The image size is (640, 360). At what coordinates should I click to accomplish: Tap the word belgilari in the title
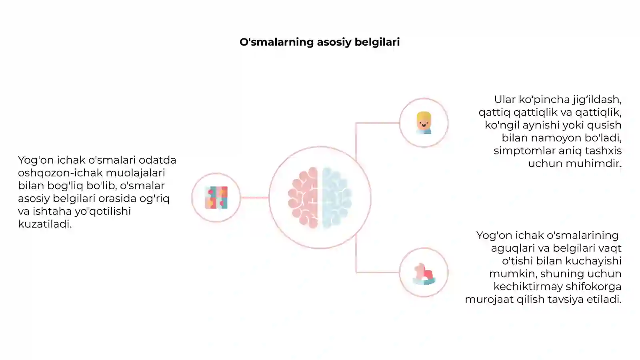coord(377,42)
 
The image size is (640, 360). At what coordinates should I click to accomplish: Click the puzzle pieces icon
coord(216,198)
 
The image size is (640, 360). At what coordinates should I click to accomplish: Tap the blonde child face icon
coord(424,122)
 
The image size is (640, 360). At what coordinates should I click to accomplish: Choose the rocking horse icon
coord(424,274)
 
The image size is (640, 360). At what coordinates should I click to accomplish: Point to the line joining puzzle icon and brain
coord(254,198)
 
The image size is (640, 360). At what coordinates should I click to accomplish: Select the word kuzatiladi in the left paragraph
coord(44,224)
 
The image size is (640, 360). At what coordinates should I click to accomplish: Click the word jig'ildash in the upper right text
coord(597,100)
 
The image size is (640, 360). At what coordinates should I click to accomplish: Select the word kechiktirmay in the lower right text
coord(528,286)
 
